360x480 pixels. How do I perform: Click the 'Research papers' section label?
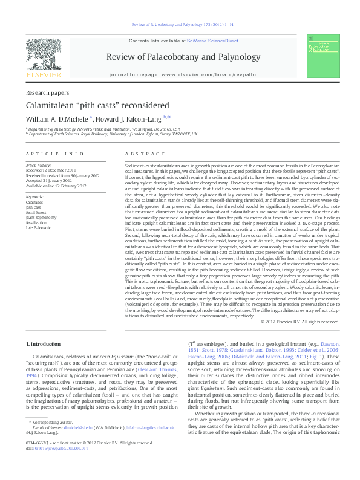pyautogui.click(x=47, y=92)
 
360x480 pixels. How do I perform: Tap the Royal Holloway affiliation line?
pyautogui.click(x=112, y=134)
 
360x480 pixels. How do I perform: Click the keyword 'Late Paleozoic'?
pyautogui.click(x=38, y=227)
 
